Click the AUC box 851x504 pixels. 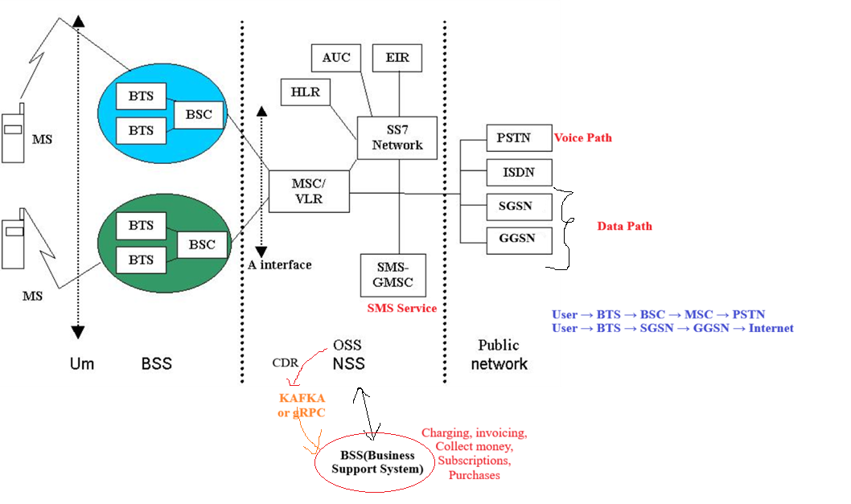pos(336,58)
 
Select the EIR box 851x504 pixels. pos(397,58)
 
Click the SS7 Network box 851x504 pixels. pos(397,137)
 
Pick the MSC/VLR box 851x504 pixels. pos(309,191)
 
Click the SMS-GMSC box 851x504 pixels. pos(393,274)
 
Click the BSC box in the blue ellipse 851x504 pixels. pos(199,114)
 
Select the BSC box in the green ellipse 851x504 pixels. pos(202,244)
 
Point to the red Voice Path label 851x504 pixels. pos(583,138)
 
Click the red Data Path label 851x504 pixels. pos(624,227)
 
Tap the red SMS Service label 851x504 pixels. pos(401,309)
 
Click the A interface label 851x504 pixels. pos(279,264)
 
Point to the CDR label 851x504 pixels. pos(285,363)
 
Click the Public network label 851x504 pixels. pos(499,354)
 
